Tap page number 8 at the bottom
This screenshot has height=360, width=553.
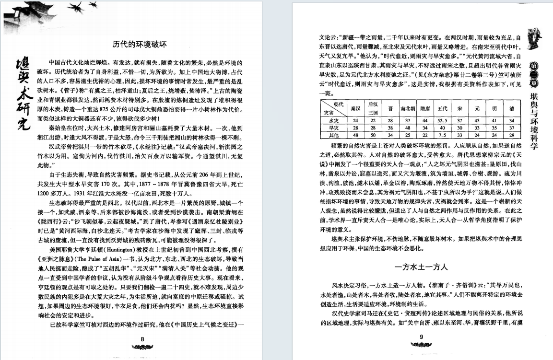(142, 338)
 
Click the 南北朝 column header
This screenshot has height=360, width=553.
(408, 108)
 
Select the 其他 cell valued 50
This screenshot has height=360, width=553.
(373, 135)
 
